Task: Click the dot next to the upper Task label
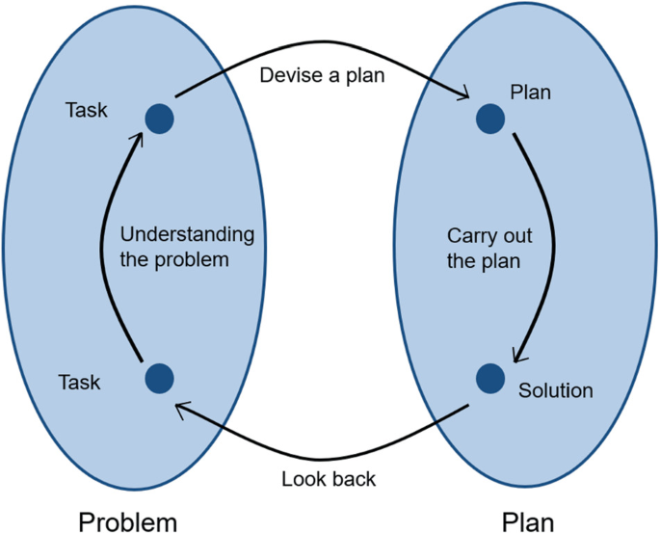(x=159, y=118)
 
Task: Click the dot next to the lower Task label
(x=159, y=377)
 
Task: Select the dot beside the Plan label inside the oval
(x=489, y=118)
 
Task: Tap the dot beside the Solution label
(x=489, y=377)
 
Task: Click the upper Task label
(x=86, y=111)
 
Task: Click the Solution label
(x=555, y=391)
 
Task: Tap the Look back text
(x=329, y=478)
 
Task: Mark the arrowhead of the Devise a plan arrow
(x=463, y=95)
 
